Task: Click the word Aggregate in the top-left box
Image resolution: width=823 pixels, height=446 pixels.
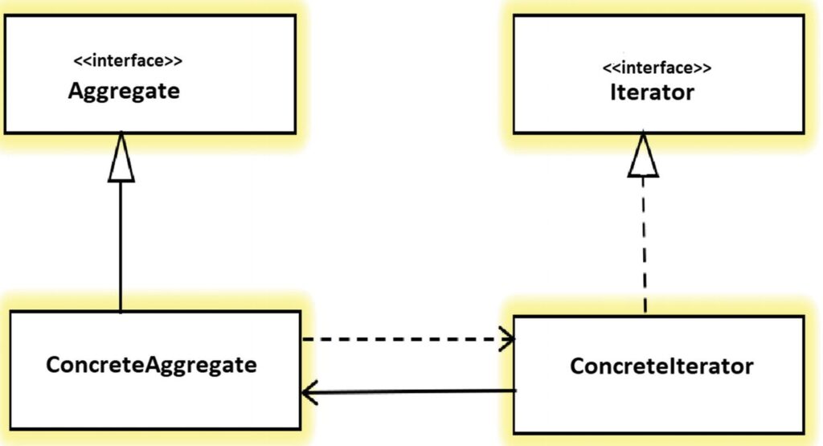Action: pyautogui.click(x=124, y=92)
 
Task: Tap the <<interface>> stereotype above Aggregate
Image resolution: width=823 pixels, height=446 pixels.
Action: pyautogui.click(x=128, y=61)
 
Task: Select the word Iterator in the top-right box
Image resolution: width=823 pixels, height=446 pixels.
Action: pyautogui.click(x=652, y=92)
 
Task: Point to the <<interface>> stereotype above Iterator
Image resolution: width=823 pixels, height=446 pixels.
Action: pyautogui.click(x=657, y=68)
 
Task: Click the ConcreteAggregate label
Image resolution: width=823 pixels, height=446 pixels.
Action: pyautogui.click(x=151, y=365)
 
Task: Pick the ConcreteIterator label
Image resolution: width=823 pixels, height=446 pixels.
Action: pyautogui.click(x=661, y=366)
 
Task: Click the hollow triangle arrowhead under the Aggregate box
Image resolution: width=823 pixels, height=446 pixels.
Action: pyautogui.click(x=121, y=158)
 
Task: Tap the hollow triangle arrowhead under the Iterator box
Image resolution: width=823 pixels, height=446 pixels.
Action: pyautogui.click(x=643, y=155)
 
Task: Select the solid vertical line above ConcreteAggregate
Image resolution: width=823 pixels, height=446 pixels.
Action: pyautogui.click(x=121, y=247)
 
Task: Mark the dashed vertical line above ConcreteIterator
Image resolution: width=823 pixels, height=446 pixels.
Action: pyautogui.click(x=644, y=246)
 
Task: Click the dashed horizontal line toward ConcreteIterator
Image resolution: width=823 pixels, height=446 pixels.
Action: pyautogui.click(x=407, y=339)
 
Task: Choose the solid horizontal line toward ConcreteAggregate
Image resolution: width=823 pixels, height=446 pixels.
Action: pyautogui.click(x=409, y=391)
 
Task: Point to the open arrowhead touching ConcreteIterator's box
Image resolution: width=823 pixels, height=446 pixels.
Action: pyautogui.click(x=507, y=339)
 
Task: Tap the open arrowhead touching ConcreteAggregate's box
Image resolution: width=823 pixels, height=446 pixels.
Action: pyautogui.click(x=309, y=392)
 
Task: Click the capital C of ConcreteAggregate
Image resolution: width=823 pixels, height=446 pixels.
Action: pyautogui.click(x=54, y=364)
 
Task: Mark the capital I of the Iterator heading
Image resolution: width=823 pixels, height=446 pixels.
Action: pyautogui.click(x=613, y=92)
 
